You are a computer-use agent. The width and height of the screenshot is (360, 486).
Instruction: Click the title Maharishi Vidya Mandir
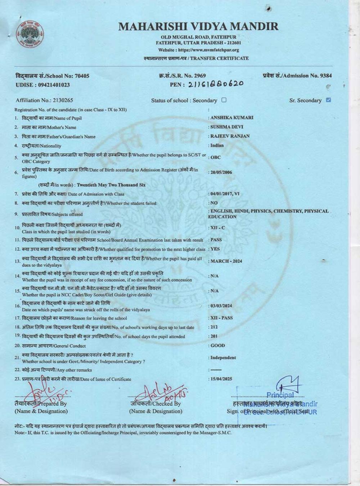tap(198, 26)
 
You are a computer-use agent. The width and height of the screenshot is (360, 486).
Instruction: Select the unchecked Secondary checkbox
tap(224, 100)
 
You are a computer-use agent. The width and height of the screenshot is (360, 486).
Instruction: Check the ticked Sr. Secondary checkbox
tap(328, 100)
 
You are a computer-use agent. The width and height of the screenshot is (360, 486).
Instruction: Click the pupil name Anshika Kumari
tap(231, 118)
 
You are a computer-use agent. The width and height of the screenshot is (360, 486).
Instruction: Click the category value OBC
tap(215, 157)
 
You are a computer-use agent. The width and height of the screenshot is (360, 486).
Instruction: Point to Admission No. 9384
tap(297, 76)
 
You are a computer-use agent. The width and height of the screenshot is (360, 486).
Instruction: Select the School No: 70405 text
tap(52, 76)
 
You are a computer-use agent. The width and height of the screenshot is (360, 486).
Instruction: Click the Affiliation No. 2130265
tap(44, 100)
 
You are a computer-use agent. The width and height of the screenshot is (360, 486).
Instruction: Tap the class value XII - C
tap(217, 228)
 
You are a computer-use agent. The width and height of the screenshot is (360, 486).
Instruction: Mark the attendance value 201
tap(214, 336)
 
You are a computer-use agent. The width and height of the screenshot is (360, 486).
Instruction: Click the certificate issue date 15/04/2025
tap(221, 379)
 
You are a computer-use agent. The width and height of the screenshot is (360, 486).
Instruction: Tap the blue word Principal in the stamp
tap(280, 395)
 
